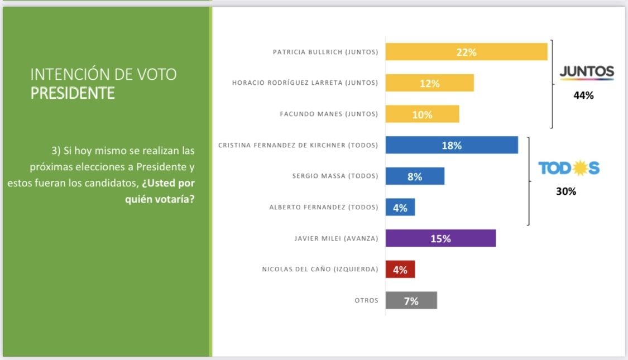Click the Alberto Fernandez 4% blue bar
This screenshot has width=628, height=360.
pyautogui.click(x=400, y=208)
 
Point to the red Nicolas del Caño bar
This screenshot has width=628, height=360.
pyautogui.click(x=400, y=270)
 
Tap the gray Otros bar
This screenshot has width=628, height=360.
pyautogui.click(x=411, y=301)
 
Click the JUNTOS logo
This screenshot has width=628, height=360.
pyautogui.click(x=586, y=73)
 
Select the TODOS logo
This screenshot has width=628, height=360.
pyautogui.click(x=568, y=168)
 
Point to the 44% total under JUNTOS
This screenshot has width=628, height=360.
pyautogui.click(x=583, y=95)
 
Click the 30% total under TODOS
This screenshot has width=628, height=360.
pyautogui.click(x=565, y=191)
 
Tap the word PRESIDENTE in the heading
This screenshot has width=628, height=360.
pyautogui.click(x=73, y=93)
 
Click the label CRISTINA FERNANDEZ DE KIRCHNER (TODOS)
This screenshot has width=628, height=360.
pyautogui.click(x=298, y=146)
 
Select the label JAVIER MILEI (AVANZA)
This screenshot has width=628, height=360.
pyautogui.click(x=336, y=238)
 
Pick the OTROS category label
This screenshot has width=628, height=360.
pyautogui.click(x=366, y=301)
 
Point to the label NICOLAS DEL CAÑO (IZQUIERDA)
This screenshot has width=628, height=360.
pyautogui.click(x=320, y=270)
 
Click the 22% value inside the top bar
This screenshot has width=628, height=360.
pyautogui.click(x=466, y=52)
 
